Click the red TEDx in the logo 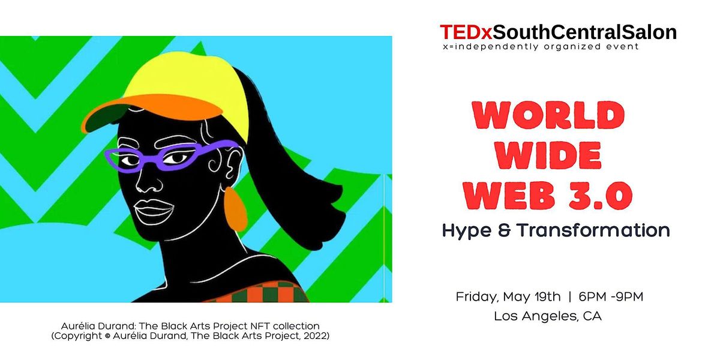click(461, 32)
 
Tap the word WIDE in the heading click(550, 156)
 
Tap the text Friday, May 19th click(508, 296)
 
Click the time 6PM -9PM click(611, 296)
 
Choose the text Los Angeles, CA click(547, 316)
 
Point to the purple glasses click(168, 157)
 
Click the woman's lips click(153, 211)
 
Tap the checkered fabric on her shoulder click(258, 292)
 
